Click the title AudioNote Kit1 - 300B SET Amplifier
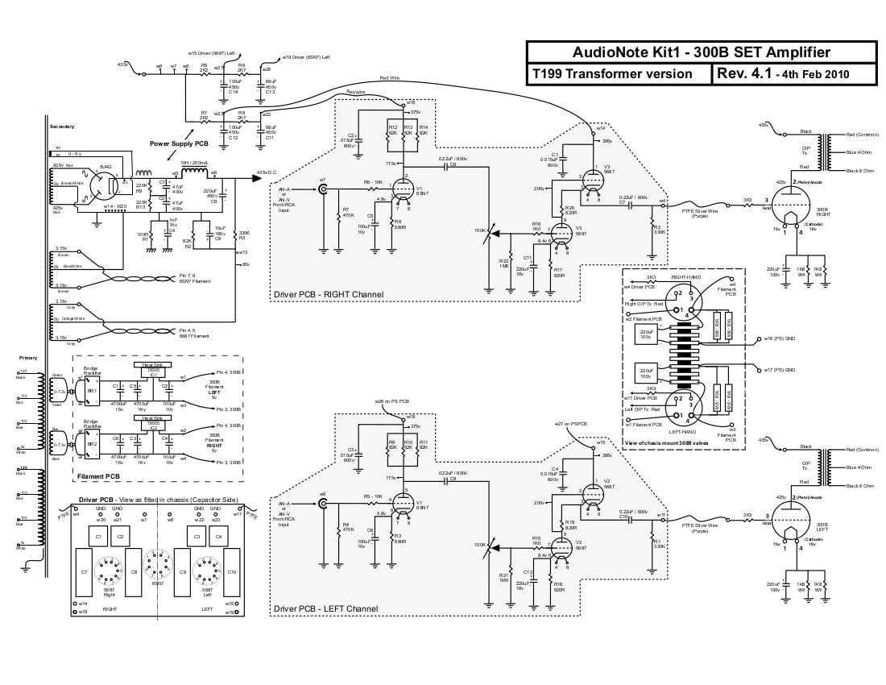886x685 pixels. tap(701, 52)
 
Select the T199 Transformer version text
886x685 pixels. tap(612, 74)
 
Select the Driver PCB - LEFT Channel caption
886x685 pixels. tap(325, 608)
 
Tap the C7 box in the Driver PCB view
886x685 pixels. tap(85, 571)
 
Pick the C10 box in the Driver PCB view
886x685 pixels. tap(232, 571)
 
